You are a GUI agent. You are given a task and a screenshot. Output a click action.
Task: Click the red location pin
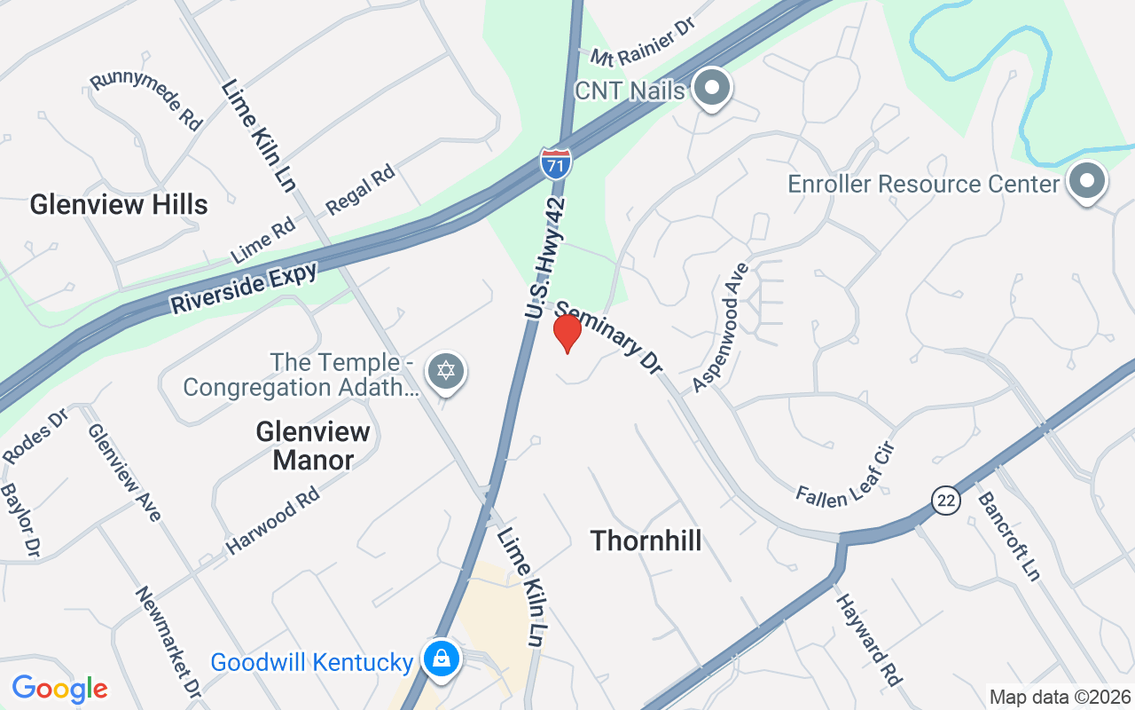pos(567,332)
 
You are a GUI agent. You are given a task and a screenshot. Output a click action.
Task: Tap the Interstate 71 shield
pos(556,163)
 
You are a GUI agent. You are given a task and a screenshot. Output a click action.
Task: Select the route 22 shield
pos(946,501)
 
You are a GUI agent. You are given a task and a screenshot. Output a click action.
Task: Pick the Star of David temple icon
pos(445,372)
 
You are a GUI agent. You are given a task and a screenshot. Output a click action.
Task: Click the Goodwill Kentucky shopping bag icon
pos(439,659)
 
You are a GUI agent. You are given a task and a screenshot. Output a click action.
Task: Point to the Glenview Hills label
pos(119,204)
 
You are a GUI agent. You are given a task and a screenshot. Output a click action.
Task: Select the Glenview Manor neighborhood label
pos(313,446)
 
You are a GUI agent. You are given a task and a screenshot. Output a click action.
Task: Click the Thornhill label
pos(646,540)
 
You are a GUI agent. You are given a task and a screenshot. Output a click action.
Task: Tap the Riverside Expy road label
pos(244,288)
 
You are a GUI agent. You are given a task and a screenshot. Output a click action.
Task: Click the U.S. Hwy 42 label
pos(544,257)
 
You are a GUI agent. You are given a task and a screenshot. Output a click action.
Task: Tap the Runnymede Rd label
pos(146,101)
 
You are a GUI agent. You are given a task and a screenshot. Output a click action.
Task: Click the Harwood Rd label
pos(272,521)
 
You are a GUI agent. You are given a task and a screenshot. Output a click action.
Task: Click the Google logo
pos(59,689)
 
